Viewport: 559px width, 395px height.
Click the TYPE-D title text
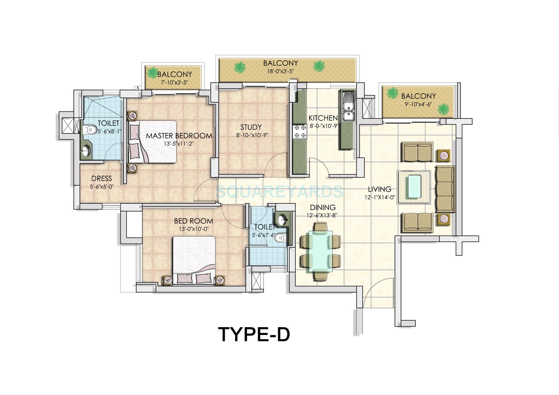[254, 334]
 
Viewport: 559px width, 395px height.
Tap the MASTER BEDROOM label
[179, 136]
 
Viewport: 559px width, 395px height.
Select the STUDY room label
[251, 127]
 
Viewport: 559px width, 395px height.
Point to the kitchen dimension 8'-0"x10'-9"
[324, 126]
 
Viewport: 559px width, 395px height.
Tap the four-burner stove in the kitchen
[300, 132]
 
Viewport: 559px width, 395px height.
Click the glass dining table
[320, 251]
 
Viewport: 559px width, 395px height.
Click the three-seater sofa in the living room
[445, 189]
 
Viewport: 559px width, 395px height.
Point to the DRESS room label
[101, 179]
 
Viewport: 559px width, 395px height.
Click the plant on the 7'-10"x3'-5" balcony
[152, 73]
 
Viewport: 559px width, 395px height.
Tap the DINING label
[323, 208]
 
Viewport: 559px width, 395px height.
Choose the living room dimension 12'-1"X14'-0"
[380, 197]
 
